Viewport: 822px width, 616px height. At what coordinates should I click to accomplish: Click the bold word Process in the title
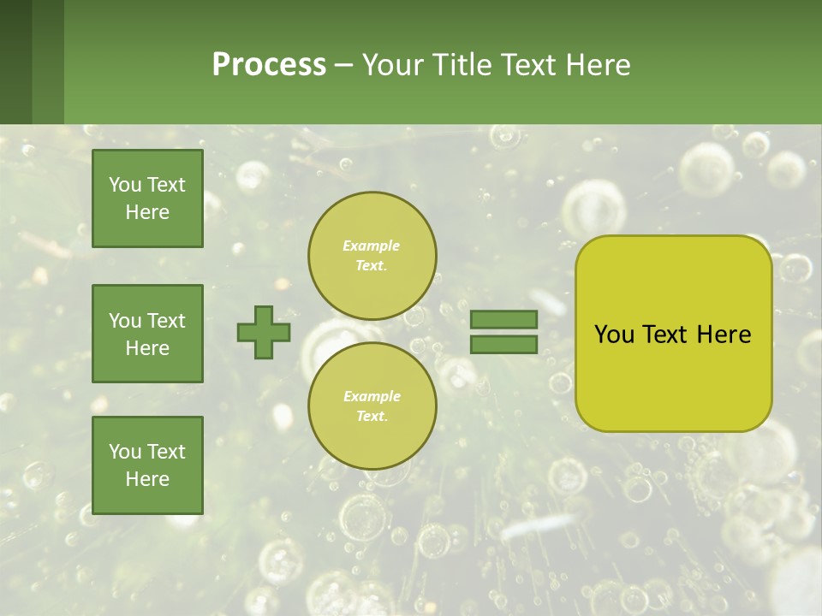pos(269,65)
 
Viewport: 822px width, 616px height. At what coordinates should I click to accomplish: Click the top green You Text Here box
pos(147,198)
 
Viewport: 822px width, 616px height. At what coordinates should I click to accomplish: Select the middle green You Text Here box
pos(147,334)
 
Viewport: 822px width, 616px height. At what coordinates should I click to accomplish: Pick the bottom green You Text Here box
pos(147,465)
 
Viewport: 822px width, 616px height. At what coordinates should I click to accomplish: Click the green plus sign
pos(264,332)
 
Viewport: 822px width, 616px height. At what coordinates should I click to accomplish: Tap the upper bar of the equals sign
pos(503,319)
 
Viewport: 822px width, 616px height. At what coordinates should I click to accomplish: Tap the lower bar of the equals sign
pos(503,344)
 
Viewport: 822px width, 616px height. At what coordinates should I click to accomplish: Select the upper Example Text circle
pos(372,256)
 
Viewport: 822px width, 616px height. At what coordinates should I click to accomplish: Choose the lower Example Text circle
pos(372,406)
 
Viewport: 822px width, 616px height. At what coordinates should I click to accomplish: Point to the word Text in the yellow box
pos(666,335)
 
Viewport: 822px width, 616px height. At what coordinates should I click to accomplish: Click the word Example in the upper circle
pos(372,246)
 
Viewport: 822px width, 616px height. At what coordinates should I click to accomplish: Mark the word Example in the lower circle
pos(372,396)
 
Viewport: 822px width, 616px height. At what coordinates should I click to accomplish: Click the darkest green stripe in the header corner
pos(15,62)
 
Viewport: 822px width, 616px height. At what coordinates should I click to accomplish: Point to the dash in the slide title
pos(343,66)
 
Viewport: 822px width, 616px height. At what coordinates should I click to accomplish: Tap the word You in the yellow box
pos(614,335)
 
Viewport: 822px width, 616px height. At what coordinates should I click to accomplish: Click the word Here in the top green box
pos(147,212)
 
